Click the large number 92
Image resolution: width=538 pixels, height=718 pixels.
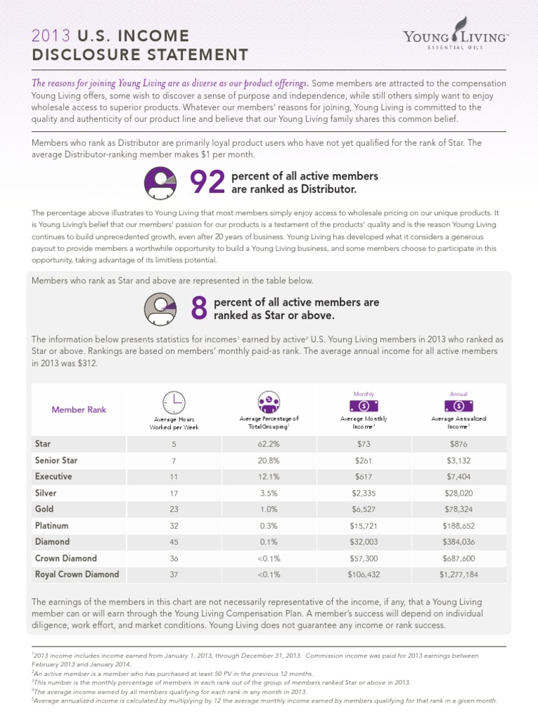pos(207,182)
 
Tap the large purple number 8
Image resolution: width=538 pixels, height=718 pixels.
pos(200,309)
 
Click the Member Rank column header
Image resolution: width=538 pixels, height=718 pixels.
pos(78,409)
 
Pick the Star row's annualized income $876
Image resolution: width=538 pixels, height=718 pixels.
pos(459,444)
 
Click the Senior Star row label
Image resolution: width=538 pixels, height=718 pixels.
pos(56,461)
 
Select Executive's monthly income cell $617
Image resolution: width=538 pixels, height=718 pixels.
pos(363,477)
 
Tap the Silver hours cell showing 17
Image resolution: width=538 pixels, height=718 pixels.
pos(174,493)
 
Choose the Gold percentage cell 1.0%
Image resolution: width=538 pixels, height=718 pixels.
pos(269,509)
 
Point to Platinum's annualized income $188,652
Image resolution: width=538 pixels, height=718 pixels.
pos(459,525)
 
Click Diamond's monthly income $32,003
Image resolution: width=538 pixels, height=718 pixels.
pos(363,542)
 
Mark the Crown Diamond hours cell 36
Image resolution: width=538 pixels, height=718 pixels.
pos(174,558)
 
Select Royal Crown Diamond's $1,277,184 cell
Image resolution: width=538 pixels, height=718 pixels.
pos(459,574)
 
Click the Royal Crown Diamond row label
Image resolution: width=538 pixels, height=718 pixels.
pos(76,574)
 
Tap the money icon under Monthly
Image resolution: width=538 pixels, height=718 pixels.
pos(363,405)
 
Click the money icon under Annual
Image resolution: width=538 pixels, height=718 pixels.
pos(459,405)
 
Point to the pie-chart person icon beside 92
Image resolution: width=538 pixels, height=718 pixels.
pos(160,182)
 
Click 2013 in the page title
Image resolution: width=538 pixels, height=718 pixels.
pos(48,36)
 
